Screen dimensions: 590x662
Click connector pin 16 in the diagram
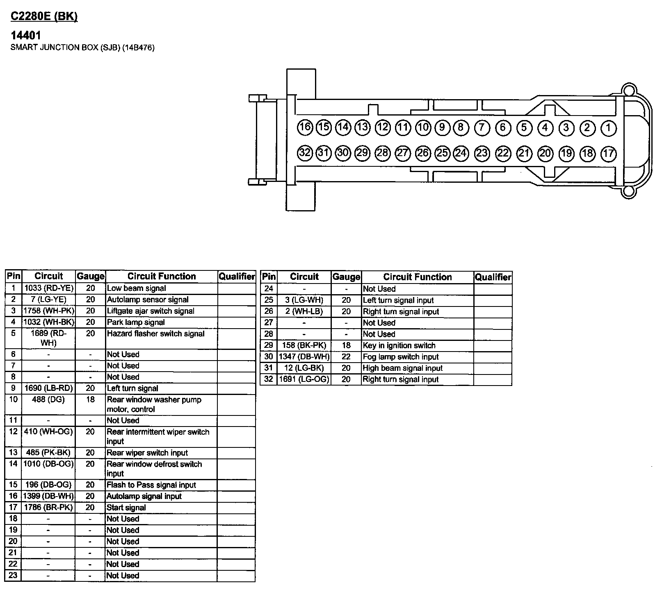pyautogui.click(x=305, y=127)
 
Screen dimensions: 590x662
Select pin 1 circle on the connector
pyautogui.click(x=609, y=128)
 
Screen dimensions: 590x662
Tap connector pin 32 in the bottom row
pyautogui.click(x=305, y=153)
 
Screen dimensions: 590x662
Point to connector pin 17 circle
pyautogui.click(x=609, y=154)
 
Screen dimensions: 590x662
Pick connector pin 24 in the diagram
pyautogui.click(x=461, y=153)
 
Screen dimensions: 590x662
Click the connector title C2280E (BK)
pyautogui.click(x=44, y=16)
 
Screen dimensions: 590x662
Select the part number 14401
pyautogui.click(x=25, y=36)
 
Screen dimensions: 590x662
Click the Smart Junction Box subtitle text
pyautogui.click(x=82, y=48)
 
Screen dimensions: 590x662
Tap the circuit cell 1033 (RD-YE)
pyautogui.click(x=49, y=288)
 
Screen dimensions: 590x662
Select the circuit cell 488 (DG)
pyautogui.click(x=48, y=399)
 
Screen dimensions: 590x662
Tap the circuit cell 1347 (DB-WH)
pyautogui.click(x=304, y=357)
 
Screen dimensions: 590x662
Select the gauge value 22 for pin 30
pyautogui.click(x=346, y=357)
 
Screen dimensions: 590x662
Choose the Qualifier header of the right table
pyautogui.click(x=493, y=277)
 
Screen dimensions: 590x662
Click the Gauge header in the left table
pyautogui.click(x=91, y=276)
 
